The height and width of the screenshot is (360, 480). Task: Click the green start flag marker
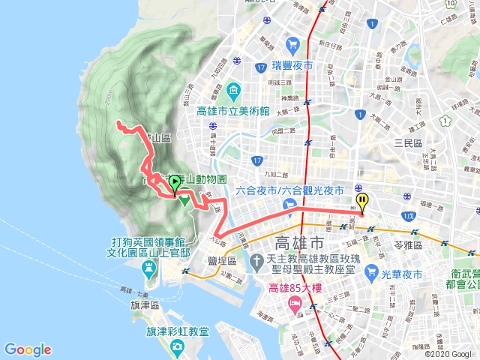click(175, 182)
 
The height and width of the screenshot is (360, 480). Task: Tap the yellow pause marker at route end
click(362, 201)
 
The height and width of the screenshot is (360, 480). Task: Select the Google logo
click(28, 349)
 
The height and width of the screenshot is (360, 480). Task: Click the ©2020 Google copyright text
click(451, 353)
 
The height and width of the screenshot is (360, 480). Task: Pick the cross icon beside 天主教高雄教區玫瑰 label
click(256, 260)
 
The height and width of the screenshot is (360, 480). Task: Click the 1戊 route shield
click(408, 216)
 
